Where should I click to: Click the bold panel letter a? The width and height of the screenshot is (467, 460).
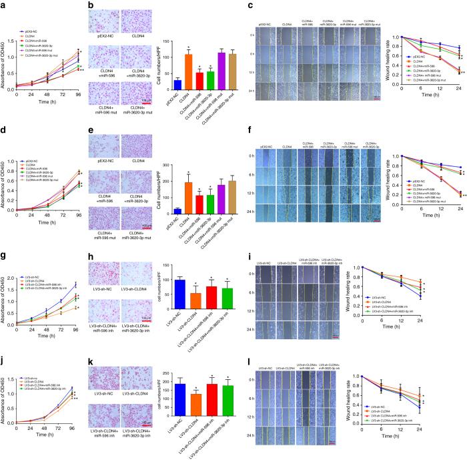pyautogui.click(x=3, y=5)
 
